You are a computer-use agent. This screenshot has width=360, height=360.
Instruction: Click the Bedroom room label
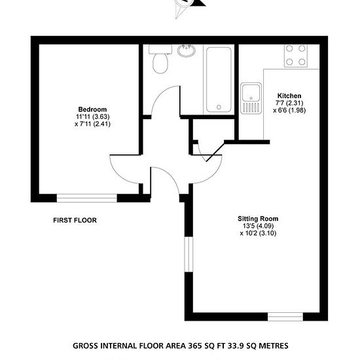click(92, 109)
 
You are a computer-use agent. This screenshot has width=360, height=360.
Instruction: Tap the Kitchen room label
click(289, 96)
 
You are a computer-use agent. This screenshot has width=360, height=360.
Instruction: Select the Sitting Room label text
click(258, 219)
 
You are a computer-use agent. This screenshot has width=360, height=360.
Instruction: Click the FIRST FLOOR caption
click(75, 221)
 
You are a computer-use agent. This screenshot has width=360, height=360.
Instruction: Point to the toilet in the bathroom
click(160, 59)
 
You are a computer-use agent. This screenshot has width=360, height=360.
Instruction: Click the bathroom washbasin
click(186, 50)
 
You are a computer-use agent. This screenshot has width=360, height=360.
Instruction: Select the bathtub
click(219, 79)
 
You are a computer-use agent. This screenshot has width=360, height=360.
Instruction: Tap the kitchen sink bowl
click(251, 93)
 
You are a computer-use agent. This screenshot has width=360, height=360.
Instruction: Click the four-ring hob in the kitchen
click(296, 56)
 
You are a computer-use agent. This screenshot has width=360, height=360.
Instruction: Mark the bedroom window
click(87, 198)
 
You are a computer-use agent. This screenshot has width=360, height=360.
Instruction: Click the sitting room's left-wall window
click(189, 255)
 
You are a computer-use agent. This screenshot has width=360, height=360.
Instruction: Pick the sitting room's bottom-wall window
click(285, 317)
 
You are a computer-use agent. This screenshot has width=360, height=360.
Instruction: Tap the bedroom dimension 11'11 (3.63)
click(93, 117)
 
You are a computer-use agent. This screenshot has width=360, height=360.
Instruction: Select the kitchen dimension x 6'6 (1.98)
click(289, 111)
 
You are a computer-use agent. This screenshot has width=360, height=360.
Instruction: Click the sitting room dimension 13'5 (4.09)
click(258, 226)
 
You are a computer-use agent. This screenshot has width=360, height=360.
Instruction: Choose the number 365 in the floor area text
click(195, 346)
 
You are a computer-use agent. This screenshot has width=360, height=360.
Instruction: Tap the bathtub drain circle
click(219, 107)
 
